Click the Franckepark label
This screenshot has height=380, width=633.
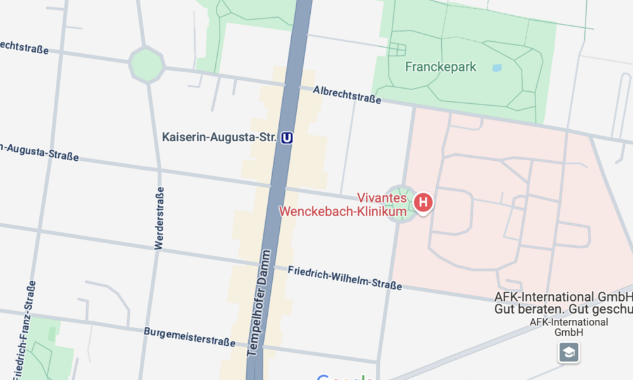441,66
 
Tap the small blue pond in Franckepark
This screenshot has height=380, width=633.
497,68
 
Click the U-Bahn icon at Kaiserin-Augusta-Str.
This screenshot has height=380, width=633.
287,137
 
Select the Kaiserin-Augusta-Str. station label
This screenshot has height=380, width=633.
219,137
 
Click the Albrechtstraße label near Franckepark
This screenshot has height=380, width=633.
347,95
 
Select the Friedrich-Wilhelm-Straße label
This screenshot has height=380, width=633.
345,278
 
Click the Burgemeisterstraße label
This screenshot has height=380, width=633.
189,337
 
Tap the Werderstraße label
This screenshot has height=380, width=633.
159,218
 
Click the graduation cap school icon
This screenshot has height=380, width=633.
568,352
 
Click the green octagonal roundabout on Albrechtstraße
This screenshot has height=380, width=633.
147,64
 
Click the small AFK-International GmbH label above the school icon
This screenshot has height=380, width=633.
568,327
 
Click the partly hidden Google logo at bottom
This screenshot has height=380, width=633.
345,377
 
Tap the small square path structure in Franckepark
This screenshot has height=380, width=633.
397,49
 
